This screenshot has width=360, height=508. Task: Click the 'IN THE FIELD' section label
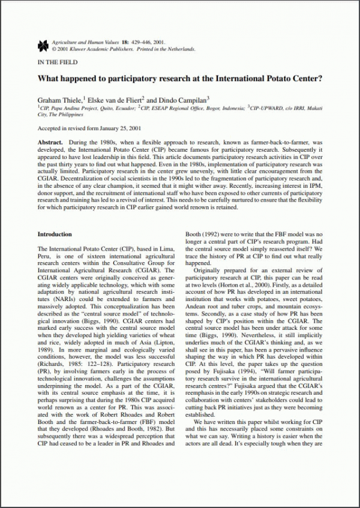[56, 62]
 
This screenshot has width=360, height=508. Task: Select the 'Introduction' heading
[55, 235]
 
